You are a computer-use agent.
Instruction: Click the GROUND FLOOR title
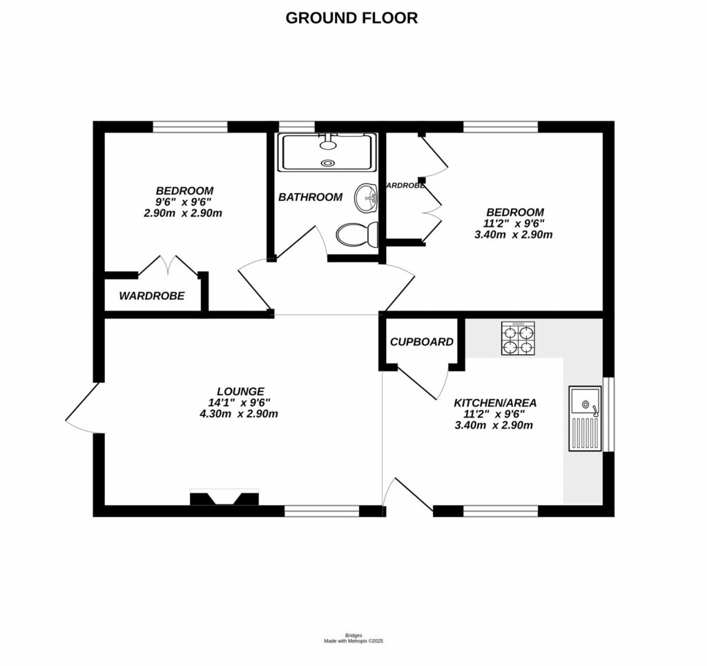pyautogui.click(x=351, y=18)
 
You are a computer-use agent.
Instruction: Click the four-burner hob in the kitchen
pyautogui.click(x=517, y=339)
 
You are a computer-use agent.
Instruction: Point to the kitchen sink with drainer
pyautogui.click(x=585, y=419)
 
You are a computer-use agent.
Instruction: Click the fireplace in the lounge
pyautogui.click(x=224, y=498)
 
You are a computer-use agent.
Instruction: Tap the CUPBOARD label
pyautogui.click(x=421, y=342)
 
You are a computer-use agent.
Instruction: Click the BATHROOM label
pyautogui.click(x=310, y=197)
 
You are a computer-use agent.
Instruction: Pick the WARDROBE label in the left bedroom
pyautogui.click(x=152, y=296)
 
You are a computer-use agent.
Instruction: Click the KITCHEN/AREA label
pyautogui.click(x=495, y=402)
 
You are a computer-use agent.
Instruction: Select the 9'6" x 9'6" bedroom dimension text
pyautogui.click(x=183, y=202)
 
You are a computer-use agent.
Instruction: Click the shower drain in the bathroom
pyautogui.click(x=327, y=163)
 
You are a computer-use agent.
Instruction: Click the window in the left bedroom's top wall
pyautogui.click(x=190, y=126)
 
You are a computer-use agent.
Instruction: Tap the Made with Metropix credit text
pyautogui.click(x=353, y=641)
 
